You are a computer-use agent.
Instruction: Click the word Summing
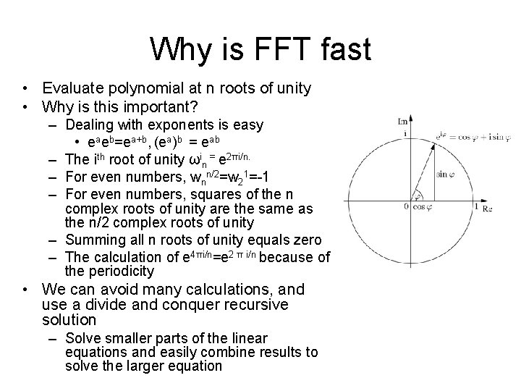pyautogui.click(x=97, y=240)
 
